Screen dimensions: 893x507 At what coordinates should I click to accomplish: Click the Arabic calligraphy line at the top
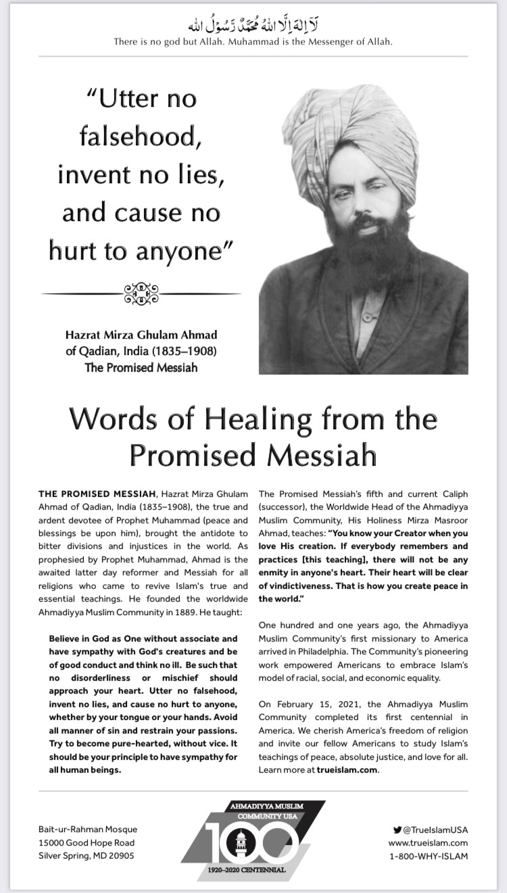pyautogui.click(x=254, y=26)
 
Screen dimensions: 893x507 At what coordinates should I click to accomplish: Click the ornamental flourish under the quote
pyautogui.click(x=141, y=293)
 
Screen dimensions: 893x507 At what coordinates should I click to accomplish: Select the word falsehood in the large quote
pyautogui.click(x=141, y=137)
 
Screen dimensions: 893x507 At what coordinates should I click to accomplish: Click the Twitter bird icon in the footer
pyautogui.click(x=397, y=829)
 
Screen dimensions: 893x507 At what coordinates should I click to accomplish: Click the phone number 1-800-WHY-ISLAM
pyautogui.click(x=429, y=856)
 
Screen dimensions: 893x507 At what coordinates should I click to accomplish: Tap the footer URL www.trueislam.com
pyautogui.click(x=428, y=842)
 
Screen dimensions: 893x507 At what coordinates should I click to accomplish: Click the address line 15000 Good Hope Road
pyautogui.click(x=87, y=842)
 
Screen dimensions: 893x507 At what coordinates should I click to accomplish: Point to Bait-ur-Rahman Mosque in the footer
pyautogui.click(x=88, y=829)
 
